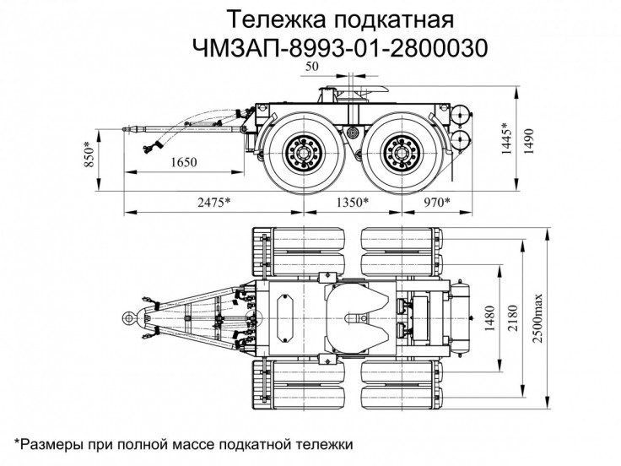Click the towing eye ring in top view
pyautogui.click(x=128, y=317)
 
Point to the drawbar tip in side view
pyautogui.click(x=127, y=131)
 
